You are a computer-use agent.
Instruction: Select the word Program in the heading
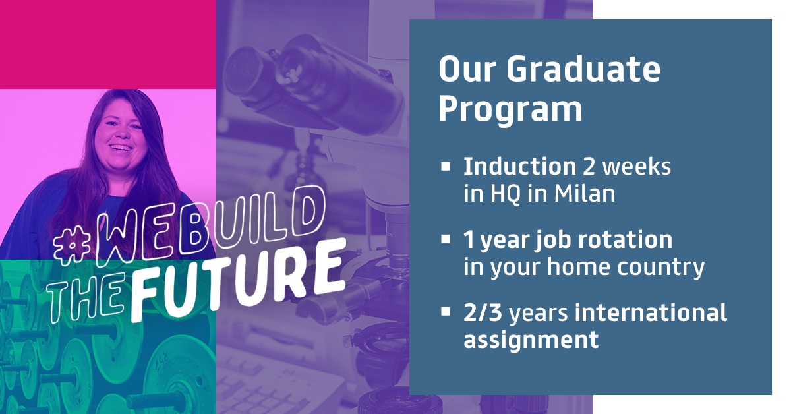point(511,109)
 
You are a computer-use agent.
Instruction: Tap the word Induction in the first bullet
point(519,166)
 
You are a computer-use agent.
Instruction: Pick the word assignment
point(531,340)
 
